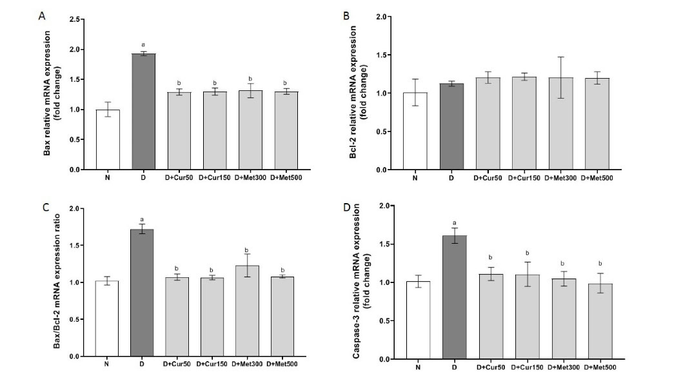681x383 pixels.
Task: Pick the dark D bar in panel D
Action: [x=454, y=297]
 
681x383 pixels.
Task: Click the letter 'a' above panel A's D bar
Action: [x=143, y=44]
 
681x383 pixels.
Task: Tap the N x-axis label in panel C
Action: [x=107, y=364]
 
